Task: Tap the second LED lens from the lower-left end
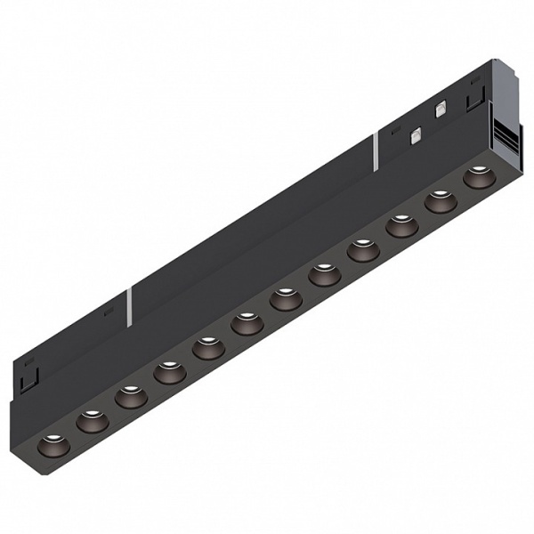[91, 419]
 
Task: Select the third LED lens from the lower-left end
[130, 395]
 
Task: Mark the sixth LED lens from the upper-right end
[286, 299]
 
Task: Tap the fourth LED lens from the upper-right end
[363, 250]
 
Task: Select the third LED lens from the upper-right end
[401, 226]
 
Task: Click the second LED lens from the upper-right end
[440, 201]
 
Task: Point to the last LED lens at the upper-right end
[477, 177]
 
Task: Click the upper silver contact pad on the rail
[439, 111]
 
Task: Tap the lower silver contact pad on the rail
[415, 136]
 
